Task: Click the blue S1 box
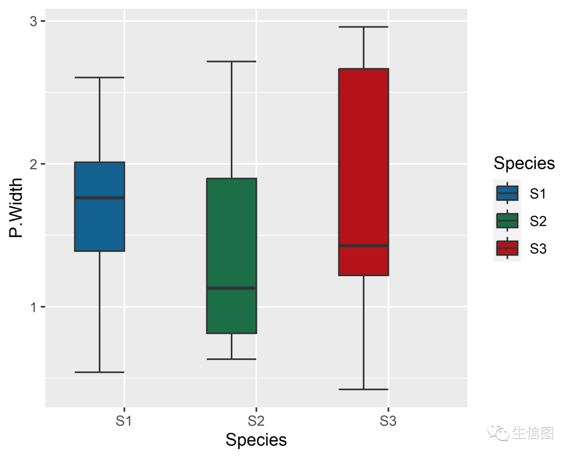pos(100,223)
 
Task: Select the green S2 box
pos(231,239)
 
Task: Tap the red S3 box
pos(363,159)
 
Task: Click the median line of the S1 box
pos(100,198)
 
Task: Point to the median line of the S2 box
pos(231,288)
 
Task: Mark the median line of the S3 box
pos(363,245)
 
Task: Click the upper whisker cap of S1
pos(100,77)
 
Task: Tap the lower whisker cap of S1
pos(100,372)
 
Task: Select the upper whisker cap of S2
pos(231,61)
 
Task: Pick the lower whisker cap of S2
pos(231,359)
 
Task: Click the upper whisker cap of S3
pos(363,27)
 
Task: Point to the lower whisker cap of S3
pos(363,389)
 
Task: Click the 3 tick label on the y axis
pos(33,21)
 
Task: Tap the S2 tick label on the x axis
pos(256,421)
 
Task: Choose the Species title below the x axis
pos(256,440)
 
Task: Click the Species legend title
pos(524,163)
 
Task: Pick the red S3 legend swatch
pos(507,248)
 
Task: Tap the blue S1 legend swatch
pos(507,193)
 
